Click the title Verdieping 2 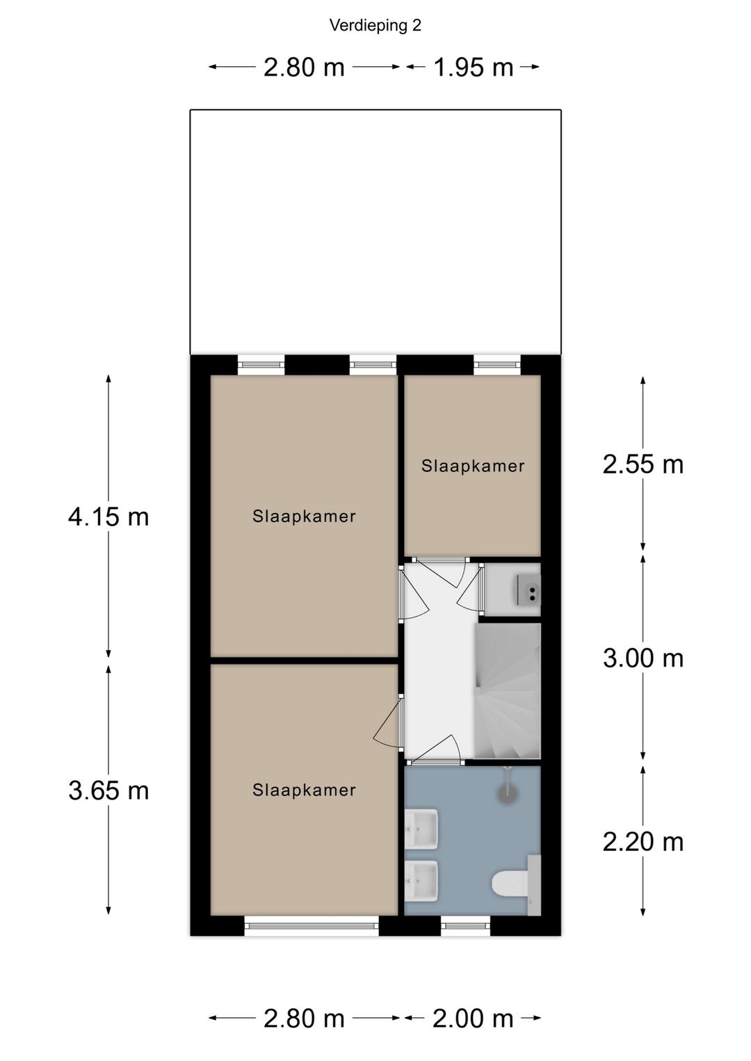(x=375, y=26)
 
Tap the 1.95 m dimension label (x=474, y=67)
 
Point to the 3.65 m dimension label (x=108, y=791)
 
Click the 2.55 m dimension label (x=643, y=464)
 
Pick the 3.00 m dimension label (x=643, y=658)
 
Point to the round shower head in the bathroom (x=506, y=793)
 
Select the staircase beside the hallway (x=508, y=691)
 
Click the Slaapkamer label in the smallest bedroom (x=473, y=466)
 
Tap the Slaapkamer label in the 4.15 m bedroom (x=304, y=517)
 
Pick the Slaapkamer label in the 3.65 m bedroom (x=304, y=790)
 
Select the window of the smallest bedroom (x=497, y=364)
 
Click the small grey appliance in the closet (x=528, y=590)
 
